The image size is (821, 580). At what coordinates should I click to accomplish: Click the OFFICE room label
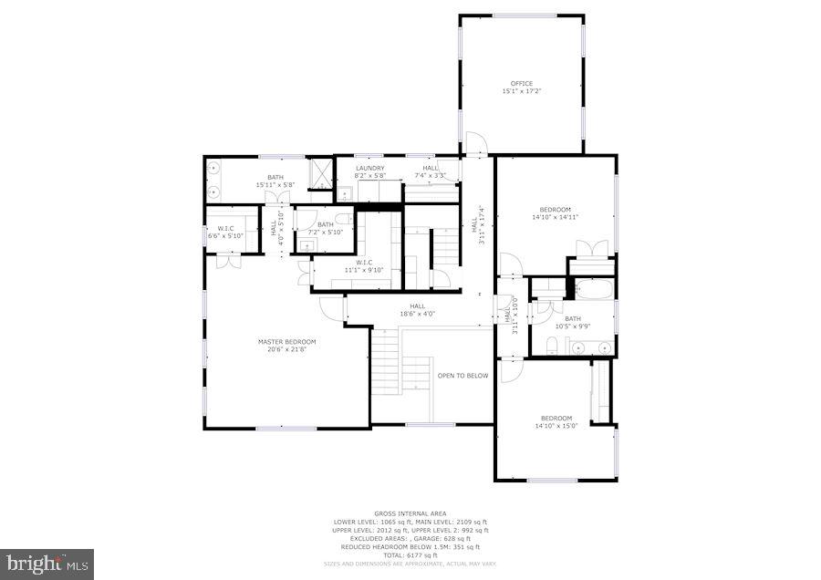point(521,84)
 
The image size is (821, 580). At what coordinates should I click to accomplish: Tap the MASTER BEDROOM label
point(286,342)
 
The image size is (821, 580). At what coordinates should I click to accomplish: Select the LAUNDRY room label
point(370,168)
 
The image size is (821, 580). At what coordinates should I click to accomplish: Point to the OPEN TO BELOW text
point(462,376)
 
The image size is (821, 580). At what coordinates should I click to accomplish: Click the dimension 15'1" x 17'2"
point(521,91)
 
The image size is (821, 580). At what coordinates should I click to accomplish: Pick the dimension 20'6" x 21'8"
point(286,349)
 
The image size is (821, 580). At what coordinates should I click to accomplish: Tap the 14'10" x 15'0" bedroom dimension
point(556,426)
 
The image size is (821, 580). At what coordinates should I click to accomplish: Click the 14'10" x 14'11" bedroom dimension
point(555,217)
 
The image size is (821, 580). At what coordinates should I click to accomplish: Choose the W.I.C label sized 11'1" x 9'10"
point(359,263)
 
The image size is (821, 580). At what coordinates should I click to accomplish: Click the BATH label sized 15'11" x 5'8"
point(275,178)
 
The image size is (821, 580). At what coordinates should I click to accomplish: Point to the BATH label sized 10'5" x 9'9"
point(572,319)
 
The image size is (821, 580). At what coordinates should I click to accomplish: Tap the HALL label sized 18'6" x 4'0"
point(418,306)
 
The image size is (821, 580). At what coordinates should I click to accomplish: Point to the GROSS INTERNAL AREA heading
point(410,514)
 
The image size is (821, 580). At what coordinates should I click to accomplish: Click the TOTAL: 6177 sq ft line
point(410,555)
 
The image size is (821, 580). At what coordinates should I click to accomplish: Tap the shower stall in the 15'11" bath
point(321,172)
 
